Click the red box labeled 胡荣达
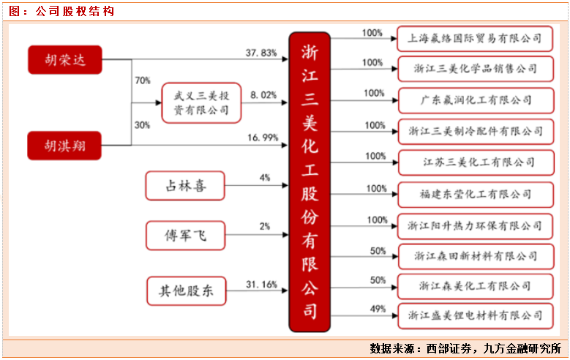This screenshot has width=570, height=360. click(64, 60)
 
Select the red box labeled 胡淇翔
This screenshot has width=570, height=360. click(64, 145)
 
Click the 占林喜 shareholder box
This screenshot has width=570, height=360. click(184, 186)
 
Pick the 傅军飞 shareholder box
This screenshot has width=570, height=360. click(184, 235)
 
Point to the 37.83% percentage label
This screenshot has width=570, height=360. click(261, 53)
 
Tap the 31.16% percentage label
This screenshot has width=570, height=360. click(263, 284)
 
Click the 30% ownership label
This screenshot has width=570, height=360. click(142, 125)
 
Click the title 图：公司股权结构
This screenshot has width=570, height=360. click(61, 11)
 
